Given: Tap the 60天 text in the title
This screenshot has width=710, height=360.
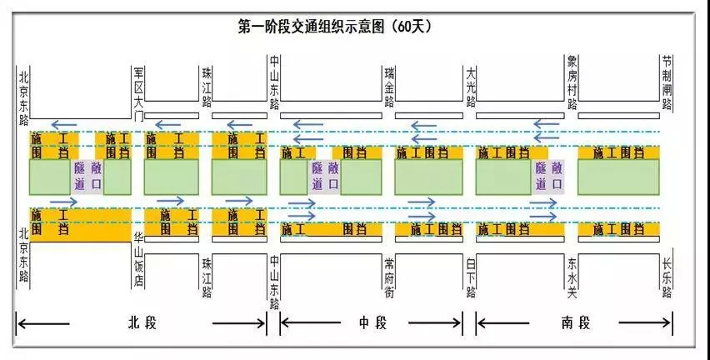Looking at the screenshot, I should pos(412,26).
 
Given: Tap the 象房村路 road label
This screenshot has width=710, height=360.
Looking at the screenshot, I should pos(572,82).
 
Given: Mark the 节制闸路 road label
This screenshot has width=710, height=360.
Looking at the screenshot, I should pos(667,82).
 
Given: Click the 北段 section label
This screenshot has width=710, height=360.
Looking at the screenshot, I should pos(141,322).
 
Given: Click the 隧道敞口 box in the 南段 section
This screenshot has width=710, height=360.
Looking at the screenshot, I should pos(547,176).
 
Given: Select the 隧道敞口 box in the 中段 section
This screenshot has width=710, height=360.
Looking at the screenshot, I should pos(325,176).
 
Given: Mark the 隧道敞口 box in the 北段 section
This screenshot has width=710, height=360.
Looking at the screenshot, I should pos(87,176).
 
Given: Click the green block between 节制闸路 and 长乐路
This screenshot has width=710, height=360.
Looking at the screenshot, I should pos(618,177).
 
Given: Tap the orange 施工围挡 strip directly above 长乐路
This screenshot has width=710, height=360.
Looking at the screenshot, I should pos(618,228).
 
